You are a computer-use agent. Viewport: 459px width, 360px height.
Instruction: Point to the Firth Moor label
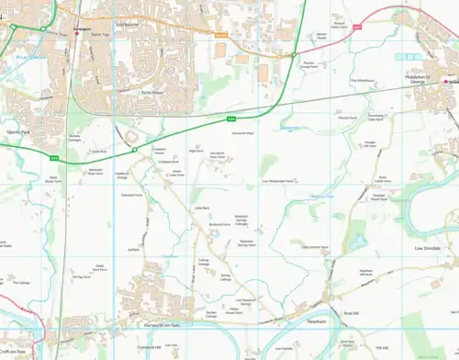pyautogui.click(x=151, y=92)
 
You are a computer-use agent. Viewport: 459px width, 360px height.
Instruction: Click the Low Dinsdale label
pyautogui.click(x=429, y=248)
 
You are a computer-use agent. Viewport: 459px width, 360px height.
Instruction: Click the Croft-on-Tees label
pyautogui.click(x=13, y=350)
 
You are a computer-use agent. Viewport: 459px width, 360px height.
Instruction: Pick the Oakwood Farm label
pyautogui.click(x=132, y=195)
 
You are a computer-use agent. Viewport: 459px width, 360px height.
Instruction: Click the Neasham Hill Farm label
pyautogui.click(x=364, y=272)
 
